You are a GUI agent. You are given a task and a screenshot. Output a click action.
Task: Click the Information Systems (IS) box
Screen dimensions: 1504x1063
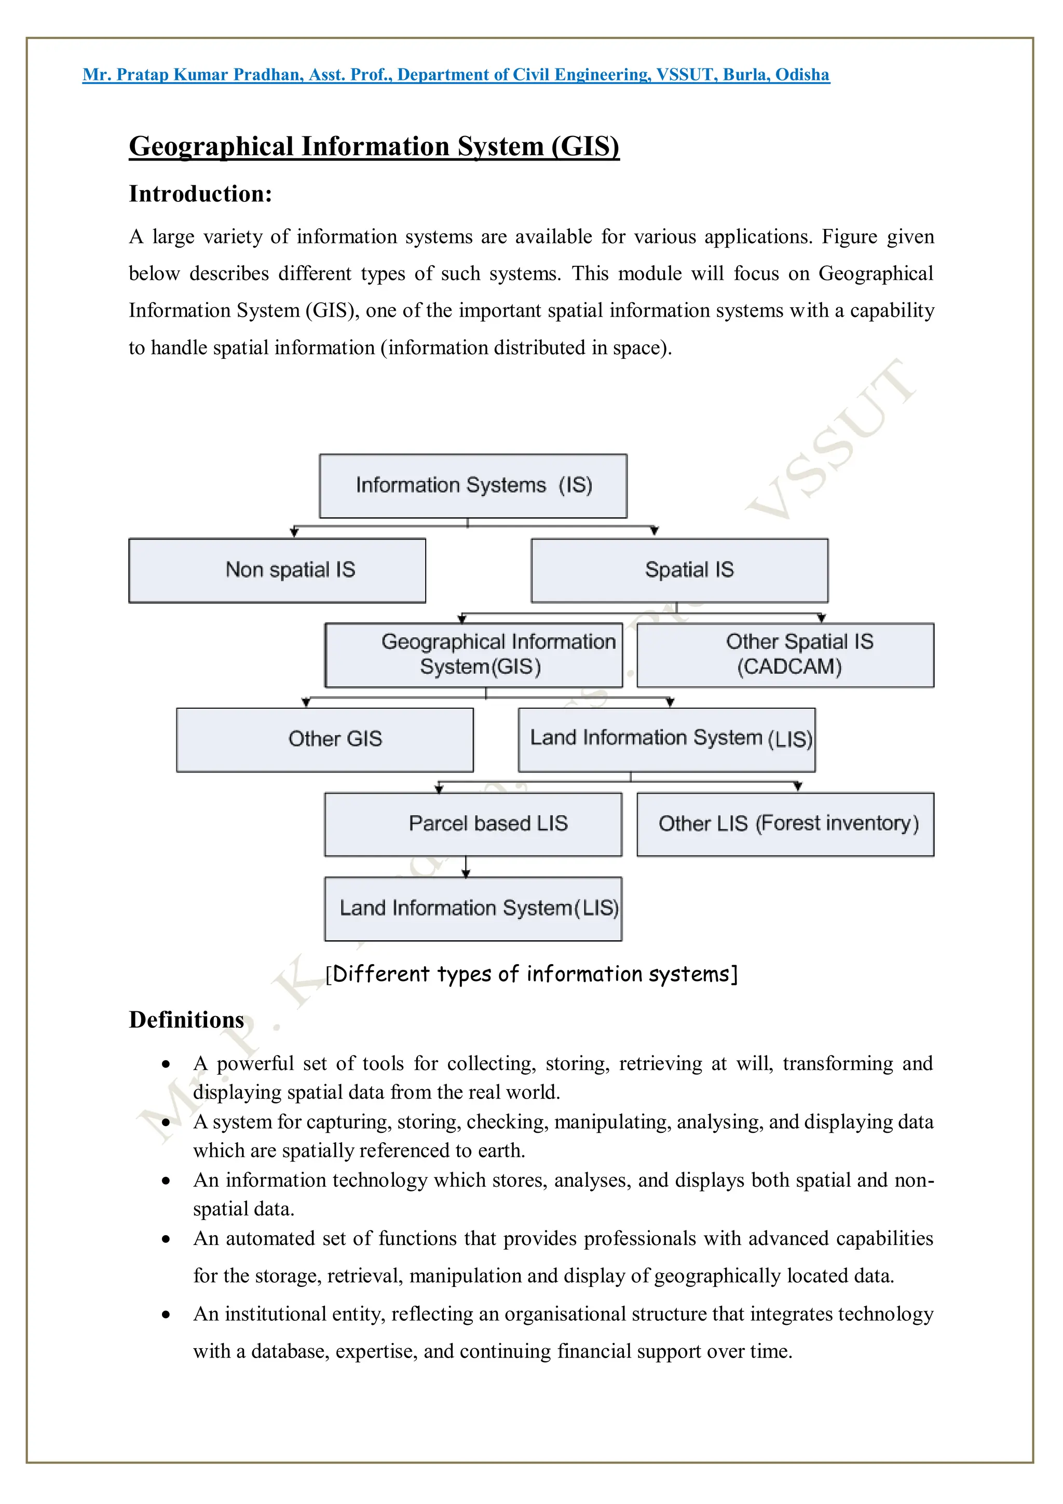(473, 486)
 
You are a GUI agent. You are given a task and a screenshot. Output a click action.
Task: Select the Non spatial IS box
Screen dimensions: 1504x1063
(277, 571)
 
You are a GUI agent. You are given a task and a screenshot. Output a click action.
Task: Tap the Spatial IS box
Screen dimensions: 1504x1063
(679, 571)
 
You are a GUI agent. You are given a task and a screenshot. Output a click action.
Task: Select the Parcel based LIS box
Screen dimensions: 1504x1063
(473, 824)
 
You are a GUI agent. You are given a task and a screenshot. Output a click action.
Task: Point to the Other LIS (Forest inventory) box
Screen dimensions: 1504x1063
(785, 824)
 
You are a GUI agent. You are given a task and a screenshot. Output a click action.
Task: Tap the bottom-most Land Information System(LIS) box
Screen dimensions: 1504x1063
(473, 909)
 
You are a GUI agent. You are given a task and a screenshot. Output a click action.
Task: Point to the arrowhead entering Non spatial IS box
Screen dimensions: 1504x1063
(294, 533)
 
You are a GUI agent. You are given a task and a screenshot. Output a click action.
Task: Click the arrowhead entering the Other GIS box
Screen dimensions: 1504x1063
(306, 702)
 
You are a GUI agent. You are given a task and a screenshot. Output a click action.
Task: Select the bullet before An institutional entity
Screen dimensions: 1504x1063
(167, 1315)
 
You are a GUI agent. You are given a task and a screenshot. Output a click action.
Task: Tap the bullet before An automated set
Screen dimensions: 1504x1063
(167, 1239)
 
